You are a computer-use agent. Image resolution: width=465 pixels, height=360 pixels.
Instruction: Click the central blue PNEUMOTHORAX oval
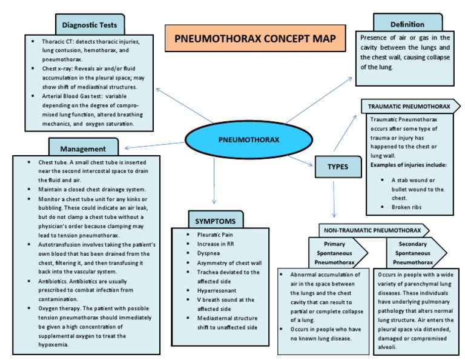(x=248, y=140)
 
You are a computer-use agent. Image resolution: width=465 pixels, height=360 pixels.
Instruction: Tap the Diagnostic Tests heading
(x=93, y=25)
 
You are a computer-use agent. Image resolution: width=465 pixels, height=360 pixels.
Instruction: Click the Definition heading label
(x=407, y=24)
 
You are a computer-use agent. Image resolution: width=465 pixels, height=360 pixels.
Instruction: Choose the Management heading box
(x=83, y=148)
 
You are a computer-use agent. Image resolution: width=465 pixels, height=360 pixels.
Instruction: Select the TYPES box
(x=334, y=166)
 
